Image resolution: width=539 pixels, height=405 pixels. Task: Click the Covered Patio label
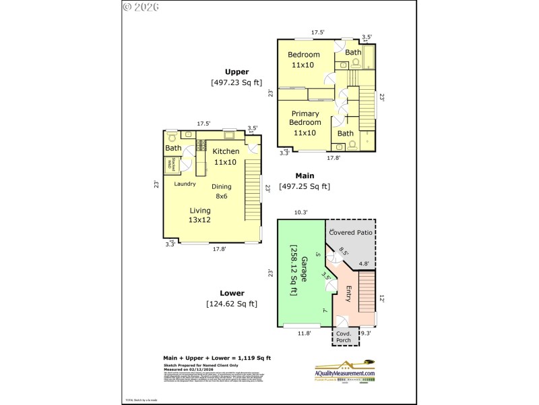point(351,233)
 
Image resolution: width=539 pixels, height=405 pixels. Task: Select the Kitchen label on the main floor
point(226,151)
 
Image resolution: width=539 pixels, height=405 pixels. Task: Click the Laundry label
point(185,184)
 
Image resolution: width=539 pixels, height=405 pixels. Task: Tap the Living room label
point(199,215)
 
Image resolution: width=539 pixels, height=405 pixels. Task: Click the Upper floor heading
point(237,72)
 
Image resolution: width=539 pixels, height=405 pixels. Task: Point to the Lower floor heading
point(231,294)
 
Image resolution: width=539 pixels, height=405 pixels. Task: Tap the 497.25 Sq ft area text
point(305,186)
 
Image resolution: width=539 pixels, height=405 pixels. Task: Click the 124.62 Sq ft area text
point(231,304)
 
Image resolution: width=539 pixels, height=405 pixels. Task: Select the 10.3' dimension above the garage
point(301,213)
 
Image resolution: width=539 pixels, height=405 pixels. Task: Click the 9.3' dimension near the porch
point(367,333)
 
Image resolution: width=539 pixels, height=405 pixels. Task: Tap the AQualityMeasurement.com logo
point(345,372)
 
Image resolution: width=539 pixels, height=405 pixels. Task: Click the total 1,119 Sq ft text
point(217,358)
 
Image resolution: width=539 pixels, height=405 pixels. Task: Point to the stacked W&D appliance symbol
point(172,164)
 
